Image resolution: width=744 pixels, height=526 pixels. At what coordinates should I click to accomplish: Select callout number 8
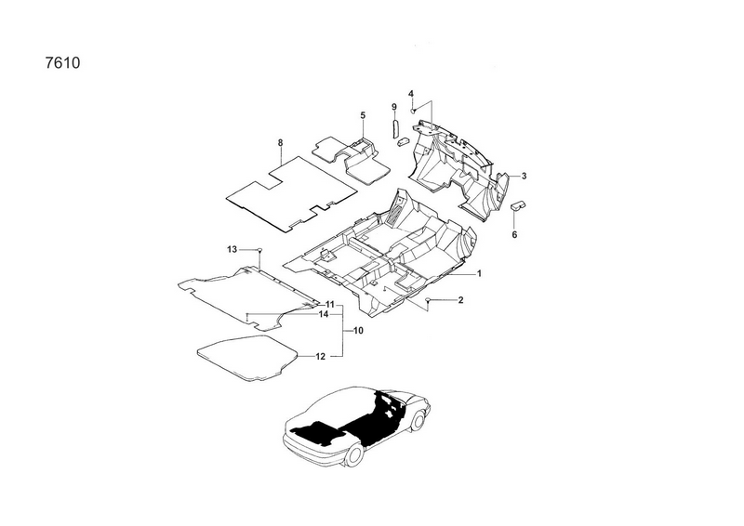280,142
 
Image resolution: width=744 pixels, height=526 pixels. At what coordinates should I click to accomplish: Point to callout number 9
393,108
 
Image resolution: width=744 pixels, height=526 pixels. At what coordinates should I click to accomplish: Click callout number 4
411,92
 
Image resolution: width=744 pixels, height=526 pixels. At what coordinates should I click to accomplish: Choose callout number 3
524,176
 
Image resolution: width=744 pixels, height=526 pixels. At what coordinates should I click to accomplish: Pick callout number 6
514,235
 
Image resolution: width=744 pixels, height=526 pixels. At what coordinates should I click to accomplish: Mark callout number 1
479,274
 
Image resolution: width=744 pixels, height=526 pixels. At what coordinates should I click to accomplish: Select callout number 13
233,249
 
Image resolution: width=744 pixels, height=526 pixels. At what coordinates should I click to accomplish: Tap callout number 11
330,305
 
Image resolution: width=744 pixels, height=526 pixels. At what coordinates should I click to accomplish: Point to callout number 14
324,315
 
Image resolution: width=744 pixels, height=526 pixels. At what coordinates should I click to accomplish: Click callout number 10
358,331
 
